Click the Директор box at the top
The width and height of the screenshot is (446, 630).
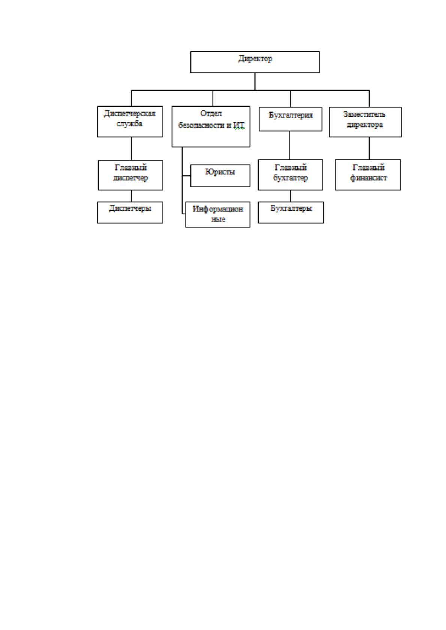255,62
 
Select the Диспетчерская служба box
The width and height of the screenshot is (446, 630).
130,122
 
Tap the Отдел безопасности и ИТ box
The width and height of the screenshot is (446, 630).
211,126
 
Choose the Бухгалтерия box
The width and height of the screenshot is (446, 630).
290,119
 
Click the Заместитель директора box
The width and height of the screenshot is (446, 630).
365,122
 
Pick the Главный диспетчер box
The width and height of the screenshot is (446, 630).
130,175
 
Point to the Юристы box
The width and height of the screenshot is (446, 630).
220,175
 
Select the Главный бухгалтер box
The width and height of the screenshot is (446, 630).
290,175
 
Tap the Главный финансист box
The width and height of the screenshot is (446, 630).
368,175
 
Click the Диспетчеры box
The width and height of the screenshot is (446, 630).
130,212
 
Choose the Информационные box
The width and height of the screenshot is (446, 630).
217,214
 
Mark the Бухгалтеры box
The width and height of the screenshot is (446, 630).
291,212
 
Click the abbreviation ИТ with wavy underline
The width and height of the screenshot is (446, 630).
239,125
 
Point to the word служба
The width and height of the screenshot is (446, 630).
129,124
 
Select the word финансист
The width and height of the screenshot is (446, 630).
368,178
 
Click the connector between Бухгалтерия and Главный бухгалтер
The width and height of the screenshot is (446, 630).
290,146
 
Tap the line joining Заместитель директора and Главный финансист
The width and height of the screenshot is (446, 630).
369,149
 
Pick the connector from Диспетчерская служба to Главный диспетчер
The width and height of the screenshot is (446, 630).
131,149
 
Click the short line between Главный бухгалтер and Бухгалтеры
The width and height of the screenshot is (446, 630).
290,196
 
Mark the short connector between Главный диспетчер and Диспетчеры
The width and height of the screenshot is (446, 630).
131,196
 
